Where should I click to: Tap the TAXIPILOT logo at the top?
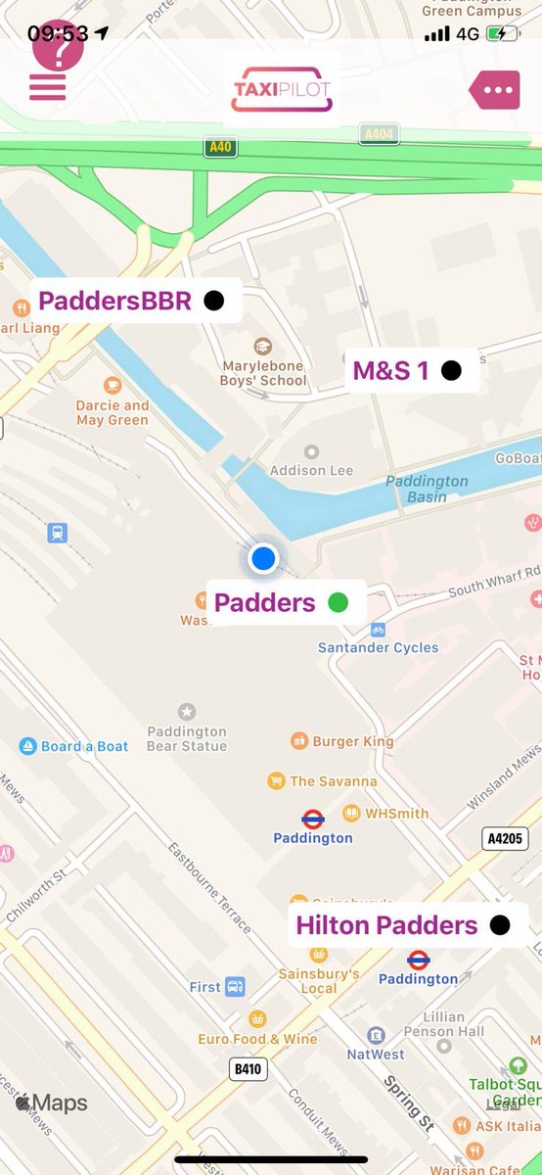point(282,89)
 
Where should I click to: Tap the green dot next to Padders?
point(339,603)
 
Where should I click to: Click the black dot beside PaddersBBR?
point(213,301)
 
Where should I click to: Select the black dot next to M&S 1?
point(451,370)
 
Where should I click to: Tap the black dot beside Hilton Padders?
point(500,925)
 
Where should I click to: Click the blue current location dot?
point(263,558)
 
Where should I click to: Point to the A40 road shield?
point(220,148)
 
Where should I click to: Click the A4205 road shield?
point(505,838)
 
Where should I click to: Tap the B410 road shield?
point(248,1069)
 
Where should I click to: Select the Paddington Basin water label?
point(427,489)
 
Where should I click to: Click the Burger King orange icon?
point(299,741)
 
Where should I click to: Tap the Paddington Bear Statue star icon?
point(186,711)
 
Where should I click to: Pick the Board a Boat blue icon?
point(28,746)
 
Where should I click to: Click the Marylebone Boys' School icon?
point(262,346)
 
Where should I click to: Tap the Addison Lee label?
point(311,470)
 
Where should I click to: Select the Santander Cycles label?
point(378,647)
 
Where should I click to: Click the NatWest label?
point(376,1055)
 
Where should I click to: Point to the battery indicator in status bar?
point(504,33)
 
